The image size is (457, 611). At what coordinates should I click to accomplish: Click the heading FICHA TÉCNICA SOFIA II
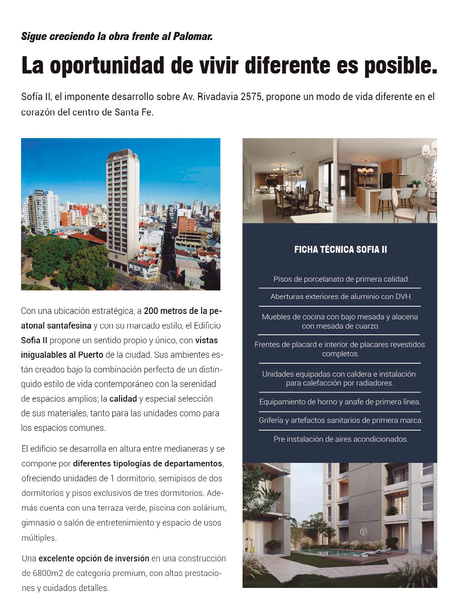[x=340, y=250]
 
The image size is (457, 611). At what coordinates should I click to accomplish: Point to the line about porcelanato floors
[x=341, y=279]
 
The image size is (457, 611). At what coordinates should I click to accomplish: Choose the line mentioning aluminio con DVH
[x=341, y=297]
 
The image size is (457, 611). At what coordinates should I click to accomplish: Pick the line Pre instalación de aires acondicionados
[x=341, y=439]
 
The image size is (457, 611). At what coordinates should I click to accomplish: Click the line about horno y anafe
[x=340, y=402]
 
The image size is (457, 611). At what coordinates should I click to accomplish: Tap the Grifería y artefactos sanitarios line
[x=341, y=421]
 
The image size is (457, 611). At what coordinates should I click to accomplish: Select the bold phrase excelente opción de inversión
[x=94, y=558]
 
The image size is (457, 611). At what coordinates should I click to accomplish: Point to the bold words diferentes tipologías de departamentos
[x=147, y=464]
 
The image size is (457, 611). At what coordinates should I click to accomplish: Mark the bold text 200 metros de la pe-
[x=183, y=311]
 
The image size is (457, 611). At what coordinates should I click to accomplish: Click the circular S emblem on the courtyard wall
[x=363, y=532]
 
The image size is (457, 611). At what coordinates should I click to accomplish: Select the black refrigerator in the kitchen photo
[x=385, y=180]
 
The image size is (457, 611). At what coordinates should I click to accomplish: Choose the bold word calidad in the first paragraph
[x=123, y=399]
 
